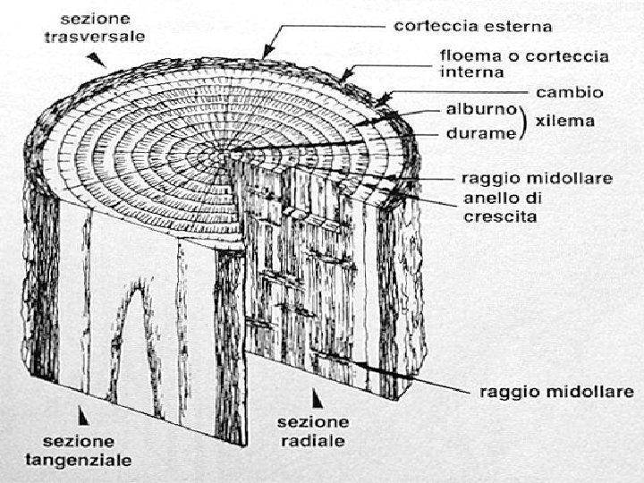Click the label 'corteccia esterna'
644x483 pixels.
coord(473,27)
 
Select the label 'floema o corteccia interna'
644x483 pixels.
coord(523,64)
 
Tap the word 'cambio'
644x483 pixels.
coord(569,92)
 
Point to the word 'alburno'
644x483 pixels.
coord(482,111)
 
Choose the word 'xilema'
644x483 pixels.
coord(564,121)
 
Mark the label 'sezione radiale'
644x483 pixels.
coord(312,431)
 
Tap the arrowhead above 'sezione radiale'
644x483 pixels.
coord(315,396)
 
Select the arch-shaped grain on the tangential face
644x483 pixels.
coord(134,331)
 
